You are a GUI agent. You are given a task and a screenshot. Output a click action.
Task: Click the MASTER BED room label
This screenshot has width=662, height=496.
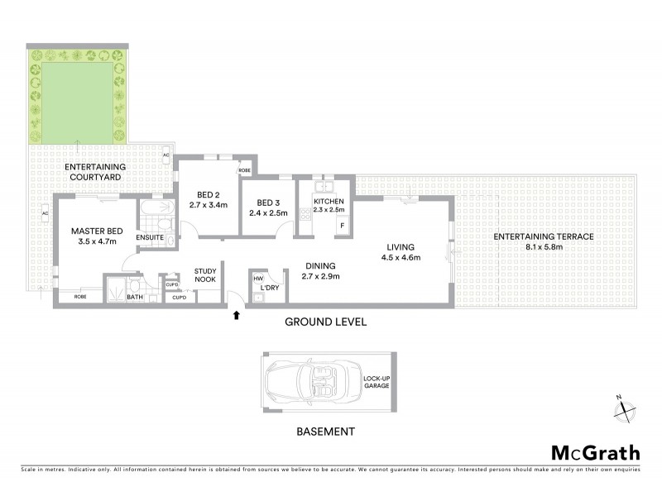tap(92, 236)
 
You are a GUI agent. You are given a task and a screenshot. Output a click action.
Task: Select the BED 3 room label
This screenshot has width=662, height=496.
tap(268, 207)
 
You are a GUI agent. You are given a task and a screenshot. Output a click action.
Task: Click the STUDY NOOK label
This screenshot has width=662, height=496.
tap(206, 275)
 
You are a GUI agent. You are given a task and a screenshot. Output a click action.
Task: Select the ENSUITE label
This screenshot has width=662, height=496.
tap(150, 239)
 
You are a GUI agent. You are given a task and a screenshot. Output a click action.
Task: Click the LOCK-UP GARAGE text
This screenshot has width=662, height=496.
tap(376, 382)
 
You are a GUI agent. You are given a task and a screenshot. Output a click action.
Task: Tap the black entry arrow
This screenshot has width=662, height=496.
tap(239, 315)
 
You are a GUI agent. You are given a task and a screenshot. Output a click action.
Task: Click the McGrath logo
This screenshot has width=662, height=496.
tap(595, 452)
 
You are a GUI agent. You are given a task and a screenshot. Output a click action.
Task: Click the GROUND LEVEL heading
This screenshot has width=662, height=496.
tap(326, 321)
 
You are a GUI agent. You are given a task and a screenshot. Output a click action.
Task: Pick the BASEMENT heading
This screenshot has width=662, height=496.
tap(326, 431)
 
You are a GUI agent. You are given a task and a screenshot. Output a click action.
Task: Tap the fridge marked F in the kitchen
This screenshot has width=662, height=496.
tap(338, 225)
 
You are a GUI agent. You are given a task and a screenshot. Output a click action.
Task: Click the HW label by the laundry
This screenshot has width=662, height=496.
tap(258, 279)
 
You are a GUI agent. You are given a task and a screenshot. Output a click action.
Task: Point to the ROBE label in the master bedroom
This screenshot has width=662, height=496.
tap(80, 296)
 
